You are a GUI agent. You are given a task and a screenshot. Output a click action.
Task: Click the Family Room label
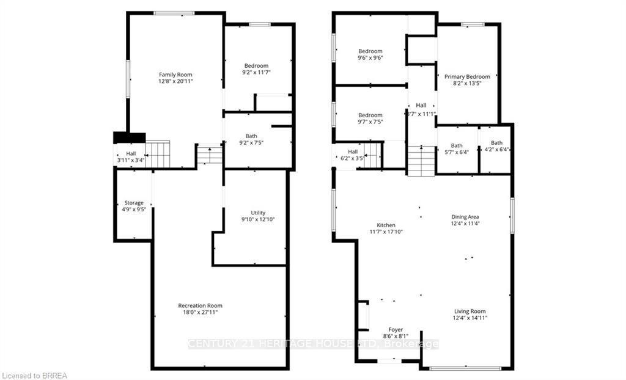tap(176, 75)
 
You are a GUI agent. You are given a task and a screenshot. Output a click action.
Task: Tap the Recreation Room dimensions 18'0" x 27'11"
tap(201, 312)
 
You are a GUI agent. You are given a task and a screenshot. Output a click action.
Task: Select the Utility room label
tap(258, 213)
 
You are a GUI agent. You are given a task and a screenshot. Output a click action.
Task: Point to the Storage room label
tap(134, 203)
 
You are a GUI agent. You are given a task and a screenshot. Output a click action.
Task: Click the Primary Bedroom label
tap(467, 76)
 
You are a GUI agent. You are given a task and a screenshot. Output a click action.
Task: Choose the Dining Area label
tap(465, 217)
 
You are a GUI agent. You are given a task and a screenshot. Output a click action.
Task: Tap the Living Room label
tap(469, 310)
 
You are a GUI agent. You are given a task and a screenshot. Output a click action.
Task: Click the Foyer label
tap(396, 329)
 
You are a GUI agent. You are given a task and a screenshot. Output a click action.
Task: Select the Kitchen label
tap(386, 225)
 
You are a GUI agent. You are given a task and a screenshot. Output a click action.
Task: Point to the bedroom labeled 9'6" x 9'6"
tap(370, 51)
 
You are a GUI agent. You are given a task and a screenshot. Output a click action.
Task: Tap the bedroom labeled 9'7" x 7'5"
tap(370, 115)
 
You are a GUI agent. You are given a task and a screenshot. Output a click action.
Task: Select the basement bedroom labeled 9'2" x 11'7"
tap(256, 66)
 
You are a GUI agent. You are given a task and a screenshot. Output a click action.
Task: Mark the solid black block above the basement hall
tap(129, 138)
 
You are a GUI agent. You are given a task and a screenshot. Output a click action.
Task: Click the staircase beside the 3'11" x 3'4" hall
tap(157, 154)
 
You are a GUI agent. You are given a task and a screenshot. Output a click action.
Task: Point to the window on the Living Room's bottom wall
tap(465, 368)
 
